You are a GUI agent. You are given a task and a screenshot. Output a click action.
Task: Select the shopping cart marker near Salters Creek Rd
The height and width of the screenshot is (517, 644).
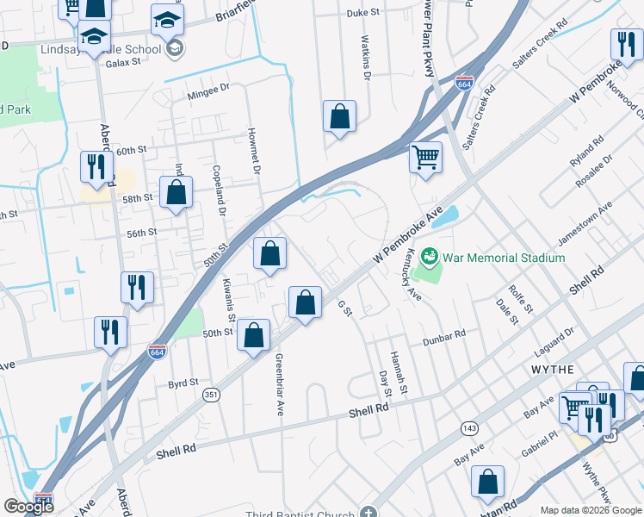tap(425, 159)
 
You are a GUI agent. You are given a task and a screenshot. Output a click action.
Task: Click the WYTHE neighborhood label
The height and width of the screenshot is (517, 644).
tap(548, 369)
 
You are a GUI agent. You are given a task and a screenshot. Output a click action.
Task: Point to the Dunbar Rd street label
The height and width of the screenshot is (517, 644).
tap(444, 338)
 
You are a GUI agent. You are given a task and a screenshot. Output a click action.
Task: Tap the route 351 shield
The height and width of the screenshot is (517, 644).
tap(210, 395)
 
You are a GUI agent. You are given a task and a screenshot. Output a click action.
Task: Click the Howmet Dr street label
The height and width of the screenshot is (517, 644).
tap(254, 152)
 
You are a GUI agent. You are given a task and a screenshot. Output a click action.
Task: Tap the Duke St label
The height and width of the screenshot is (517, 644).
tap(363, 13)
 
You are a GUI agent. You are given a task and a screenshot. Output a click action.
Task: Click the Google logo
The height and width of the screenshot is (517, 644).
tap(28, 507)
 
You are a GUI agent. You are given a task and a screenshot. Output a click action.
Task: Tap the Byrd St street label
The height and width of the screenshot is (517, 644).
tap(183, 383)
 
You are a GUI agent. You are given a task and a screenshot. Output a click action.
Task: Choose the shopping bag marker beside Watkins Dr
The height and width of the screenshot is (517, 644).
tap(340, 116)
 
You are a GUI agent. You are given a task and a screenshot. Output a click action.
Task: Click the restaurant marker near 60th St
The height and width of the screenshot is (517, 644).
tap(96, 165)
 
